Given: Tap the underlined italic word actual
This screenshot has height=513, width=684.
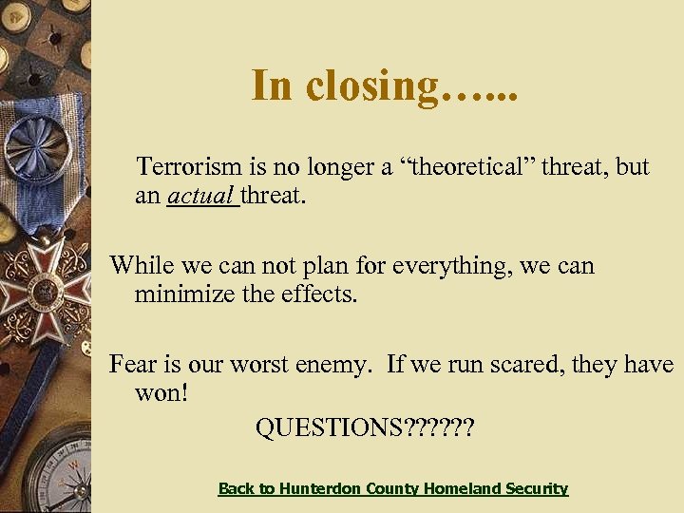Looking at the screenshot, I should [x=201, y=197].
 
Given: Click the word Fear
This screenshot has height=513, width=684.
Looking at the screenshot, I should [x=132, y=364].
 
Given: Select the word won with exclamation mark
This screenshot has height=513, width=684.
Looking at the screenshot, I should [x=162, y=393].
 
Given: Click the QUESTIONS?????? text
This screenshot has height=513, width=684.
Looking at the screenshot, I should [x=364, y=428].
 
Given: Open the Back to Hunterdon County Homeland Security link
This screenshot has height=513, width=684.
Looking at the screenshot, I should [x=392, y=488].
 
